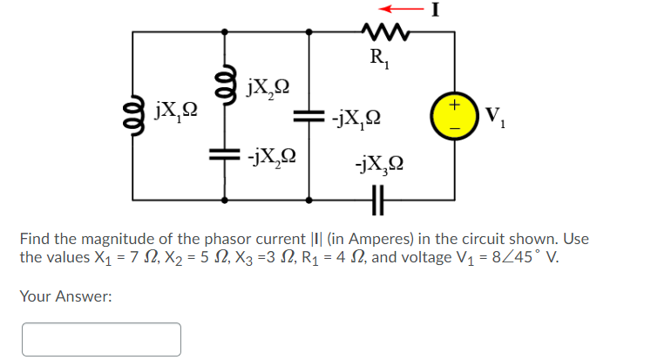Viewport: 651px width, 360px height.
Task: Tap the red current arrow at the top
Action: (x=413, y=11)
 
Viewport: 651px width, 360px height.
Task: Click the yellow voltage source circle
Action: (x=453, y=116)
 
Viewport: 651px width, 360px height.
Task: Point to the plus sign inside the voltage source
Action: (x=453, y=105)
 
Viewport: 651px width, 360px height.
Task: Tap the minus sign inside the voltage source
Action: (x=453, y=128)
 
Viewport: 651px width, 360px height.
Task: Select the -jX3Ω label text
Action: (x=379, y=163)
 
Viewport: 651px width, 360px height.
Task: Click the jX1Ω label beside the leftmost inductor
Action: (x=175, y=110)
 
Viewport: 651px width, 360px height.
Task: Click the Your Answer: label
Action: (x=65, y=297)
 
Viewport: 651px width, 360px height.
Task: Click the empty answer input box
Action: (x=101, y=339)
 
